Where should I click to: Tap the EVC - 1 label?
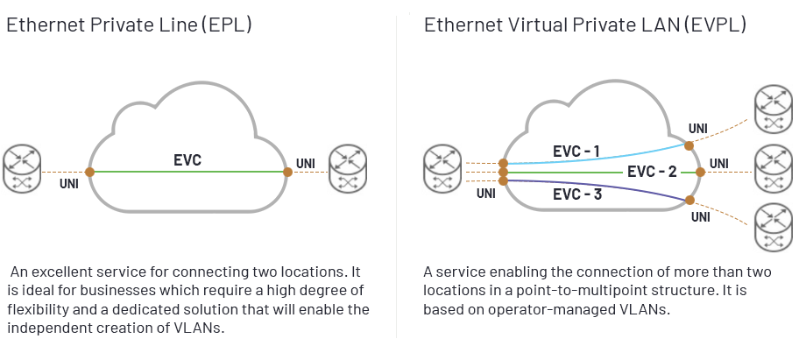pos(576,151)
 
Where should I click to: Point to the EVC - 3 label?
pos(577,194)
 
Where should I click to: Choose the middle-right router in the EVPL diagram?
pos(773,166)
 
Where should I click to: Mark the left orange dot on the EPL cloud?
pos(89,172)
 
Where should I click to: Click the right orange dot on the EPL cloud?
pos(287,172)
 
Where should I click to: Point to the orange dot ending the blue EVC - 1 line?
pos(689,145)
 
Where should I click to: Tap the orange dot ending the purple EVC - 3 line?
pos(688,202)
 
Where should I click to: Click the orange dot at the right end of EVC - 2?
pos(699,173)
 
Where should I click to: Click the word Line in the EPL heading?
pos(178,25)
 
